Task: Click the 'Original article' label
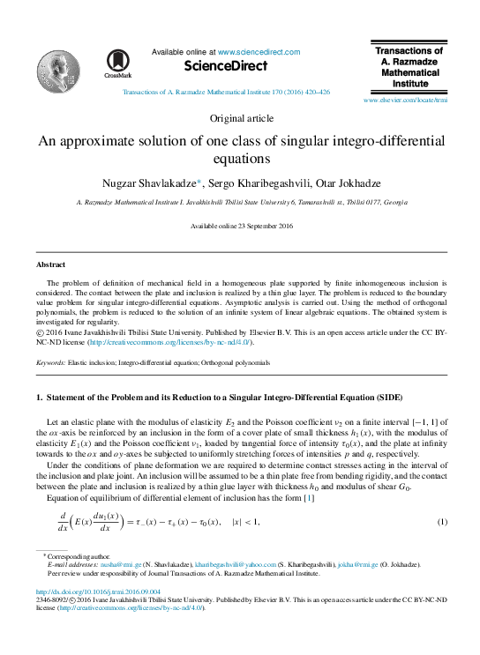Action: point(241,118)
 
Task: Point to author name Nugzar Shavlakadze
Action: point(161,182)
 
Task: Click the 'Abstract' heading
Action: point(49,264)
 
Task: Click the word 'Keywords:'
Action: point(49,362)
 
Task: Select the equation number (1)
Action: point(442,522)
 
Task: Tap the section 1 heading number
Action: point(39,397)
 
